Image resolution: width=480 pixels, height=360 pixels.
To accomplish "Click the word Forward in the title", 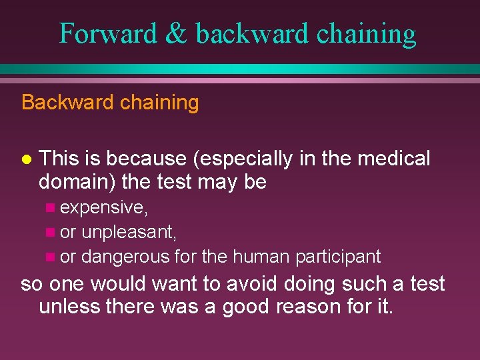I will [x=105, y=33].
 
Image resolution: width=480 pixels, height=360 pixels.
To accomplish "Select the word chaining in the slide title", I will [x=366, y=33].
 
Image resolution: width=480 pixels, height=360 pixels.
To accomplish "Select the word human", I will [x=259, y=256].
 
